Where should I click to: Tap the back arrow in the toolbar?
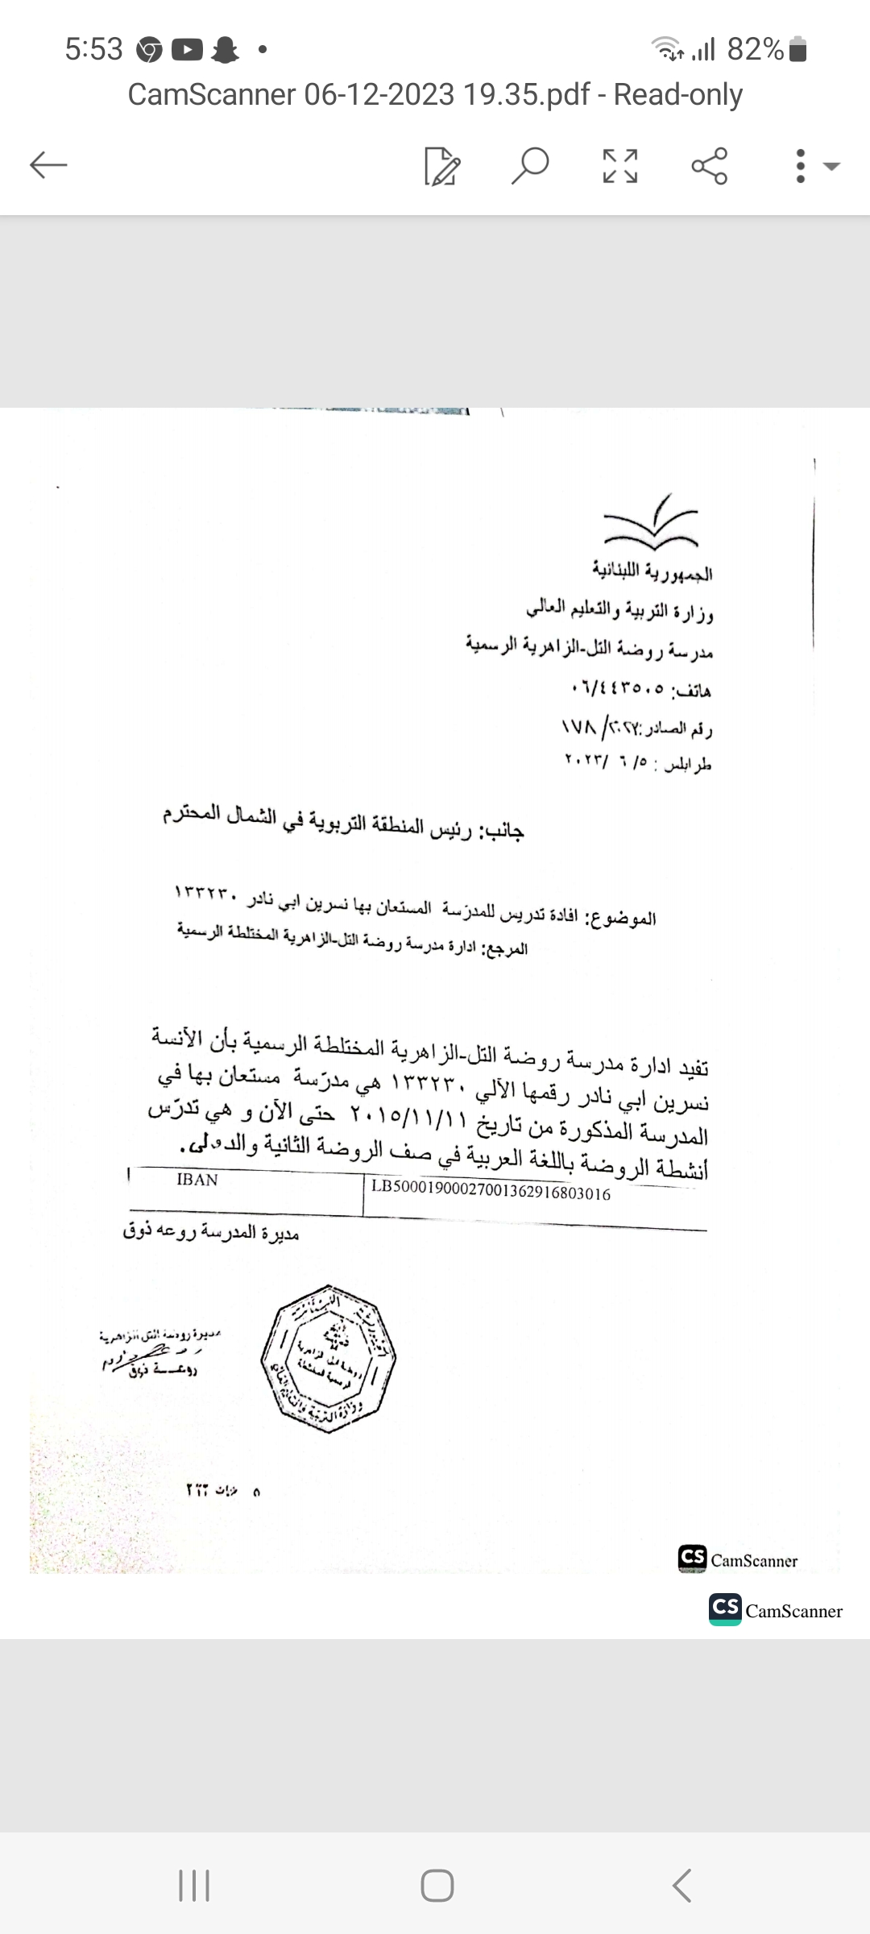point(48,166)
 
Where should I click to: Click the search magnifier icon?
point(530,166)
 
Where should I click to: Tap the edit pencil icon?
point(442,166)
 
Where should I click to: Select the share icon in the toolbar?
point(709,166)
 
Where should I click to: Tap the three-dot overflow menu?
point(800,166)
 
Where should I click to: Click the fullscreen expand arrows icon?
point(620,166)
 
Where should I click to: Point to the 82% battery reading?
point(755,50)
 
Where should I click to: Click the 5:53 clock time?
point(93,50)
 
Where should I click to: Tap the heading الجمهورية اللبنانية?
point(652,572)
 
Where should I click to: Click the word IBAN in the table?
point(197,1180)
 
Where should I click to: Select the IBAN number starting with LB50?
point(491,1193)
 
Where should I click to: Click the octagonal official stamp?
point(328,1358)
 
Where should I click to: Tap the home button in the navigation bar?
point(437,1885)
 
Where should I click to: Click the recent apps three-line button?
point(193,1885)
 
